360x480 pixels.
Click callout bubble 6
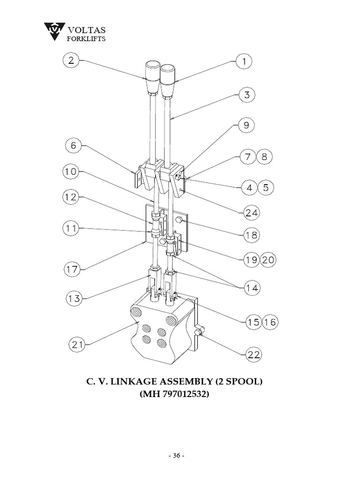pos(74,146)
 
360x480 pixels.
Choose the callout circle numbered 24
pos(251,212)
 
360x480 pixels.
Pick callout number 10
pos(71,172)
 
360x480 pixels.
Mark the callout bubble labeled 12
pos(71,198)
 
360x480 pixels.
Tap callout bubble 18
pos(252,235)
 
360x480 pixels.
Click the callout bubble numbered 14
pos(252,287)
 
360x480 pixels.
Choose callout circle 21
pos(77,345)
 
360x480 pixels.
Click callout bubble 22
pos(254,355)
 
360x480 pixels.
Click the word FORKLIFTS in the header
pos(84,38)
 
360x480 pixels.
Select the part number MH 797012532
pos(174,395)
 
